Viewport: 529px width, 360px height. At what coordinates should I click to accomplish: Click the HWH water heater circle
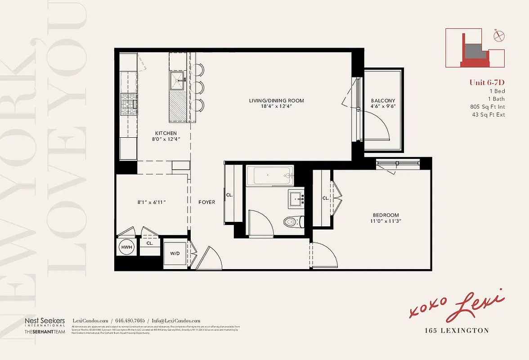tap(126, 247)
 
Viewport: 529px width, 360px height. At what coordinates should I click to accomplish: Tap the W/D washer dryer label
tap(175, 253)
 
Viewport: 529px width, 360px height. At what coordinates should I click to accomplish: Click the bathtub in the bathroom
tap(269, 175)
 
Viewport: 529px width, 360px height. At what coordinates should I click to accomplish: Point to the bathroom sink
tap(296, 198)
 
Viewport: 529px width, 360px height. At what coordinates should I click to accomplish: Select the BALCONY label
tap(383, 101)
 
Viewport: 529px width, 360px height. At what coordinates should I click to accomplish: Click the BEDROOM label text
tap(386, 215)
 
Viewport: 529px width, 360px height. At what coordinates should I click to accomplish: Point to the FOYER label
tap(207, 202)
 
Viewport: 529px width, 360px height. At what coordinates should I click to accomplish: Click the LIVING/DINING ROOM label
tap(276, 100)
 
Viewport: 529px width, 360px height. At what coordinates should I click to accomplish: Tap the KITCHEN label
tap(166, 133)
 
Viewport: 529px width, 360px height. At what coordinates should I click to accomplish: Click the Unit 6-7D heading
tap(487, 82)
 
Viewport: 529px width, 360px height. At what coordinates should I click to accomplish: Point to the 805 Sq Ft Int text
tap(487, 107)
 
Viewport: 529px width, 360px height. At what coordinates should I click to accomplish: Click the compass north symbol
tap(498, 36)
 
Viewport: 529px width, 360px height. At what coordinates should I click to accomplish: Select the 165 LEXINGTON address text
tap(457, 331)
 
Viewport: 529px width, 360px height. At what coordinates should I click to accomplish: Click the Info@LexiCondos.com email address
tap(176, 320)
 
